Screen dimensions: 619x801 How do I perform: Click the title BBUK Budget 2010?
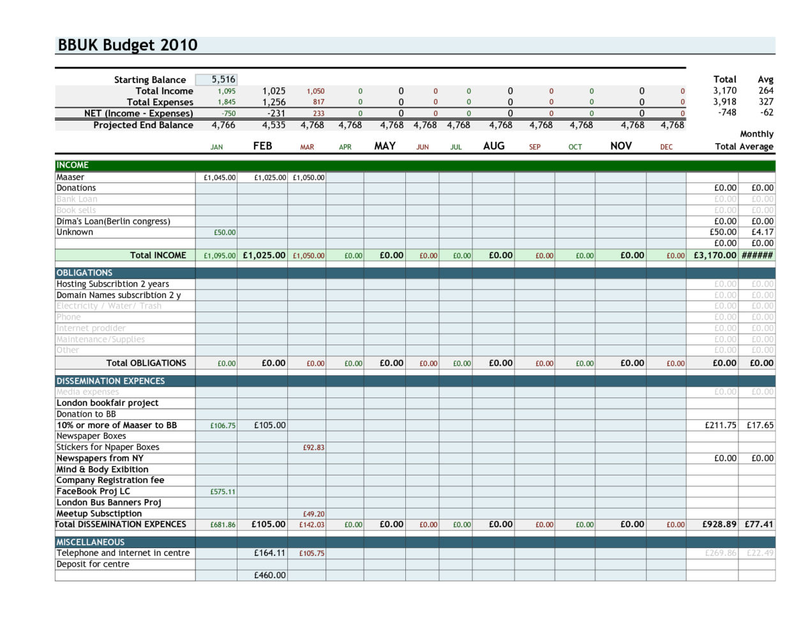coord(128,45)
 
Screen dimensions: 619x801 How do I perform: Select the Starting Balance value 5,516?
coord(223,80)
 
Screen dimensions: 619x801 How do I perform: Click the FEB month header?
coord(262,146)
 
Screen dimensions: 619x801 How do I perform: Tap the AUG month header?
coord(493,146)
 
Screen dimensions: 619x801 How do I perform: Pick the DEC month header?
coord(666,147)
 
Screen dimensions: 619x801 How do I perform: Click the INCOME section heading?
coord(73,165)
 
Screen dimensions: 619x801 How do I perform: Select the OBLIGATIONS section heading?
coord(84,272)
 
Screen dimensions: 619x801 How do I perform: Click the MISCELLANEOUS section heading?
coord(91,542)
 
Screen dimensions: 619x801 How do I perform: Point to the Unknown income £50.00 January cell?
coord(225,233)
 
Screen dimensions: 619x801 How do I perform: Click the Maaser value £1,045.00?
coord(220,178)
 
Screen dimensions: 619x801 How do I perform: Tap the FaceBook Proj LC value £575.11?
coord(223,492)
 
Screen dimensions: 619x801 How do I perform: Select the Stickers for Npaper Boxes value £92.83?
coord(313,448)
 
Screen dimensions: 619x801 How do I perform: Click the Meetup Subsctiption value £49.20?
coord(313,514)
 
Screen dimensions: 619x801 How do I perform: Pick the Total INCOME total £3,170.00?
coord(715,255)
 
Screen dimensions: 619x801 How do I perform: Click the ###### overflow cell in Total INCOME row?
coord(758,255)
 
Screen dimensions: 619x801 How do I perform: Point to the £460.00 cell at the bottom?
coord(270,575)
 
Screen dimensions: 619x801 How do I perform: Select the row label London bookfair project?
coord(107,403)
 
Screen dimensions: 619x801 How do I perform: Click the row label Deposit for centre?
coord(93,564)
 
